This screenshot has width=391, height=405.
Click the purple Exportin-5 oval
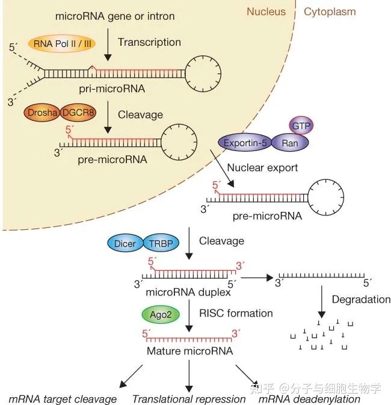pos(244,143)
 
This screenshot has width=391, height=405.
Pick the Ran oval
pos(290,143)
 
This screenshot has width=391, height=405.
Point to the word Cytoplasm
pos(330,11)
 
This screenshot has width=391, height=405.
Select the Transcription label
pos(149,42)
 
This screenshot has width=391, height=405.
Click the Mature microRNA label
pos(189,350)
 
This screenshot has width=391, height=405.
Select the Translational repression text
pos(189,399)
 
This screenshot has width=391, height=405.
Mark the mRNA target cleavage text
pos(63,399)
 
